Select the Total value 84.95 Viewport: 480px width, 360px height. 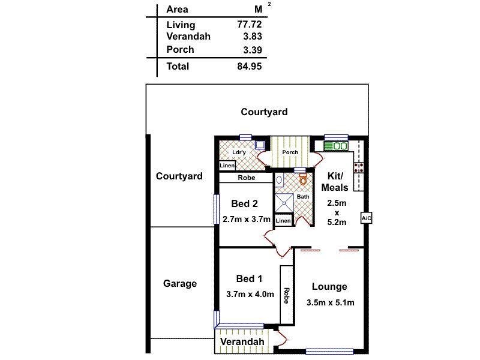(250, 66)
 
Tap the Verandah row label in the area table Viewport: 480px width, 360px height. (188, 37)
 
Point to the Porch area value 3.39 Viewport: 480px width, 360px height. (251, 49)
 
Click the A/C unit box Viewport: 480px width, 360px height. (366, 218)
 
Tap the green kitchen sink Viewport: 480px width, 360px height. (336, 146)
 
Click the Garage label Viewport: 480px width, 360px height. (180, 283)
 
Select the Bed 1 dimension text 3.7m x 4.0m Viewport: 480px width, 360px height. (250, 294)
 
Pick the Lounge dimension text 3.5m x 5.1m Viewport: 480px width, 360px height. (330, 302)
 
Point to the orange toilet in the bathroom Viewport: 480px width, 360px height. (303, 178)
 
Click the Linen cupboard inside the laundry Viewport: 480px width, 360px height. (227, 166)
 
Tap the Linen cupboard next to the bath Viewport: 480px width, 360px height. (283, 221)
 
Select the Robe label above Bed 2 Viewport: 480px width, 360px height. (246, 178)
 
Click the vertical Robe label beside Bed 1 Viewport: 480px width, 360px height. (287, 296)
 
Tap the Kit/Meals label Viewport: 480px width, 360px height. (334, 182)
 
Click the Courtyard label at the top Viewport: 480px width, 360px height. (264, 112)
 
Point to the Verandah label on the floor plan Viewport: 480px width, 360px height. (242, 342)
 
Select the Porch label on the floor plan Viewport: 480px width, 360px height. (290, 152)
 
